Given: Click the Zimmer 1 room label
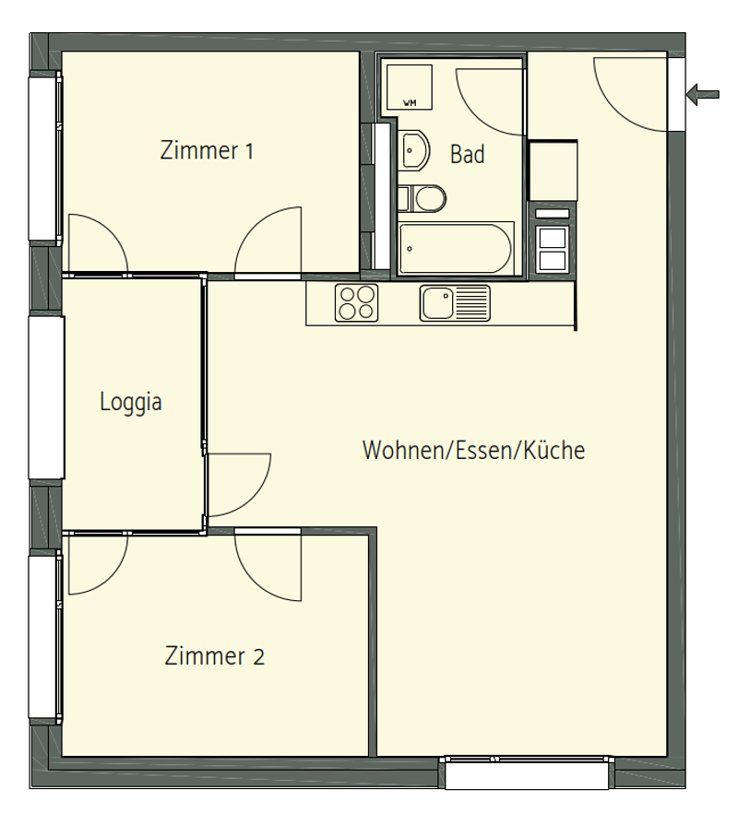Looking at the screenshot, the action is click(207, 150).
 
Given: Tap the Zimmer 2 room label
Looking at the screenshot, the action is click(214, 656).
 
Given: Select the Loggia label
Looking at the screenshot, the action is click(131, 403).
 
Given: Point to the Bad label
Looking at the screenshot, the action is click(467, 155).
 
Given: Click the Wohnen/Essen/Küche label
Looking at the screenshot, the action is click(473, 450).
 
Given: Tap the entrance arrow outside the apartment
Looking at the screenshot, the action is click(702, 94).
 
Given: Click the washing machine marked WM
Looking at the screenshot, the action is click(410, 87).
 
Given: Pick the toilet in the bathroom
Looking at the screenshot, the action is click(423, 198).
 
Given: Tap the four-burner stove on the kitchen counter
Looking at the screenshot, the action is click(356, 302).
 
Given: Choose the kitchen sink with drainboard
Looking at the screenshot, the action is click(455, 302).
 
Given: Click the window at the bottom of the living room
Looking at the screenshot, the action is click(527, 772).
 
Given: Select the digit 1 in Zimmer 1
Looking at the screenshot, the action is click(249, 151).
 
